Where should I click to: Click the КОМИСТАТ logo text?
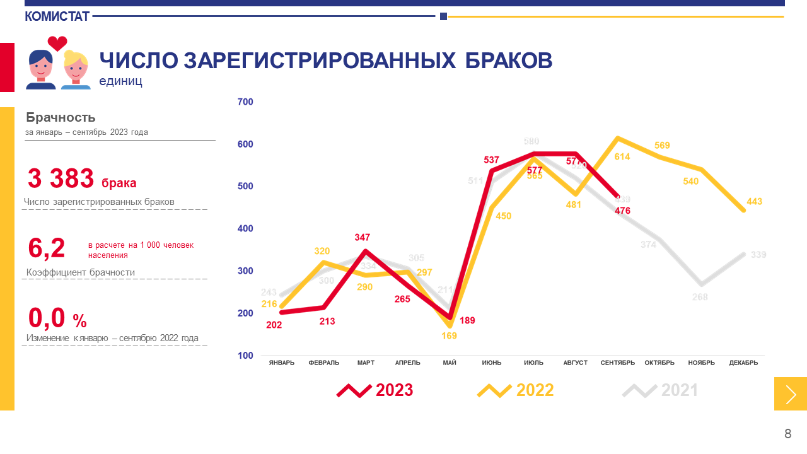57,16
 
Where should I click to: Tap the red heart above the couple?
57,44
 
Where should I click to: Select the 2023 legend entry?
375,390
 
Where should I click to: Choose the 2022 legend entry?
516,390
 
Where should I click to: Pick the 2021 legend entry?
660,390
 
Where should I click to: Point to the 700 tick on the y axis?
245,102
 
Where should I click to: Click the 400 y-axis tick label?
245,229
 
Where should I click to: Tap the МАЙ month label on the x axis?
450,363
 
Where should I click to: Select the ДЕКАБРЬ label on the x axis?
743,363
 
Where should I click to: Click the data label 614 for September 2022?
622,156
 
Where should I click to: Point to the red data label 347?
362,238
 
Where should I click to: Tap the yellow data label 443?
754,202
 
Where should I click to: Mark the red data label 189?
467,320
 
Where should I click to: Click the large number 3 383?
61,179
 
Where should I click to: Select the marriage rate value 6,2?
47,248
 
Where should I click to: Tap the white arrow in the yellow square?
791,394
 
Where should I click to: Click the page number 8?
787,434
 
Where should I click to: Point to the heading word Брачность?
61,117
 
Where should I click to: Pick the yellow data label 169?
449,336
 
